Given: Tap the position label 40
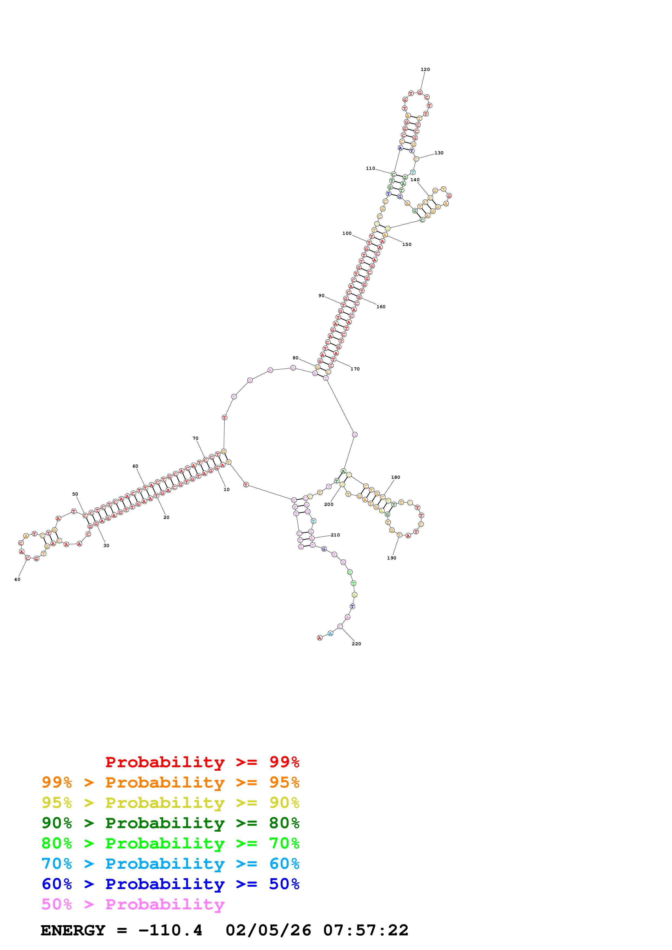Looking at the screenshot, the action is (x=17, y=579).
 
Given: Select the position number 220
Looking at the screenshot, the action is (x=356, y=644).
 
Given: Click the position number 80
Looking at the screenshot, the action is (x=295, y=358).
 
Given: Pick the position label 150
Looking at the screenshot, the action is (x=407, y=245).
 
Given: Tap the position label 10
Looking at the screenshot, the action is (x=226, y=489).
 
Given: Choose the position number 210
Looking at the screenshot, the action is (x=335, y=535).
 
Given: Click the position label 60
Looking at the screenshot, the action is (x=135, y=466).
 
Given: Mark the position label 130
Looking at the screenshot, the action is (x=439, y=153).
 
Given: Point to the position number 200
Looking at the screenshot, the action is (x=329, y=504).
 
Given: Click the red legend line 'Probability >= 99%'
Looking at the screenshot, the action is (x=202, y=762).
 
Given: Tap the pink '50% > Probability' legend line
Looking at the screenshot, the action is (x=133, y=904).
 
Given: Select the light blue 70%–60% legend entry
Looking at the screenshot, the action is (x=170, y=864).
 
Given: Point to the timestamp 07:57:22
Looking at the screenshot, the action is (x=366, y=930).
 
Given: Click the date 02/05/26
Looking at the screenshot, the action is (x=268, y=930).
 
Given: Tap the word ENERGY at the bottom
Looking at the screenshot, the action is (x=73, y=930).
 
